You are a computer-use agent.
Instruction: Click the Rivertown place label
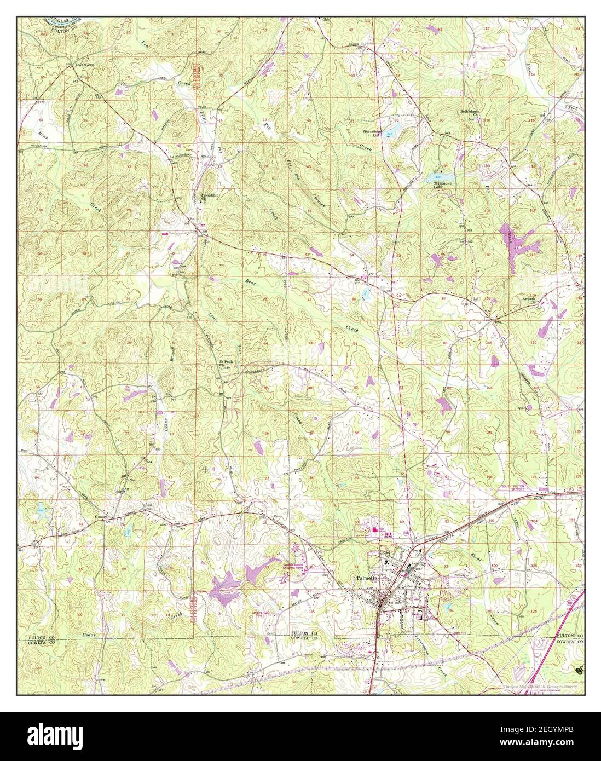pos(84,65)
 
